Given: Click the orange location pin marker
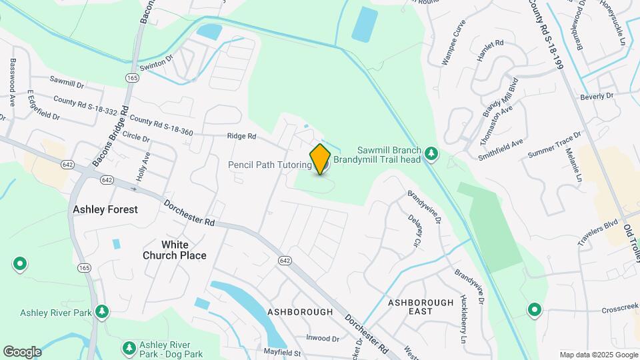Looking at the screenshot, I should pyautogui.click(x=321, y=159).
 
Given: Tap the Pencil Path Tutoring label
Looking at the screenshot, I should pyautogui.click(x=269, y=165).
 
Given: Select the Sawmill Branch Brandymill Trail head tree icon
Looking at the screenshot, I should pyautogui.click(x=431, y=154).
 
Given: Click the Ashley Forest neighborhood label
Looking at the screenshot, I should pyautogui.click(x=105, y=209).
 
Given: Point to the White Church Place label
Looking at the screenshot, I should pyautogui.click(x=174, y=250).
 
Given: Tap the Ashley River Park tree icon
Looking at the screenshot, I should pyautogui.click(x=102, y=311).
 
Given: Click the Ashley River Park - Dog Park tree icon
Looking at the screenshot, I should pyautogui.click(x=129, y=348).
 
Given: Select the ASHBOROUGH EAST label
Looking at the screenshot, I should pyautogui.click(x=421, y=307).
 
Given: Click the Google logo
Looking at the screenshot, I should pyautogui.click(x=22, y=351).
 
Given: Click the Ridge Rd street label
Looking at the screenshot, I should pyautogui.click(x=241, y=136).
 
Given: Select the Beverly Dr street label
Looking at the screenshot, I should pyautogui.click(x=596, y=96).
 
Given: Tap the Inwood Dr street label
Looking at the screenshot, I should pyautogui.click(x=323, y=339).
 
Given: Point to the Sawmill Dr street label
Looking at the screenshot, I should pyautogui.click(x=67, y=85).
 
